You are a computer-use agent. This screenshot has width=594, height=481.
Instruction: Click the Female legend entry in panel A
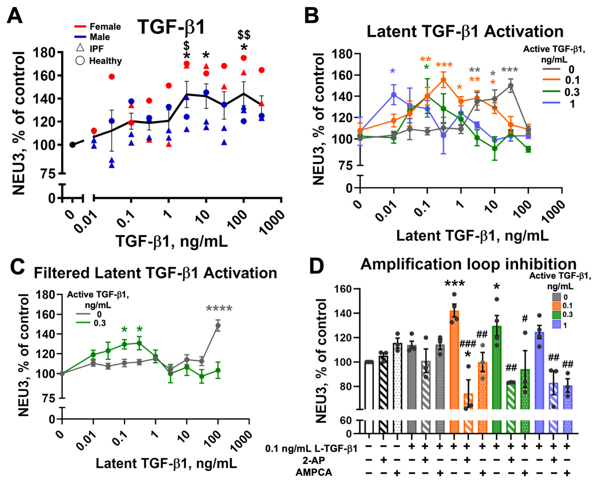97,27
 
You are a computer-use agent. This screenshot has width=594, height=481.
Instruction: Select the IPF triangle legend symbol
80,48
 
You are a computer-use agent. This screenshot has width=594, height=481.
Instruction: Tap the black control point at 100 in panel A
73,145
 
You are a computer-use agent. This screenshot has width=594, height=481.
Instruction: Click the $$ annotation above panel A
244,35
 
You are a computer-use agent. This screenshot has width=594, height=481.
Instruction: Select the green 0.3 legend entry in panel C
91,323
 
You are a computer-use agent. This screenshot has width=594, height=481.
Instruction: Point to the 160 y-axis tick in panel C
45,314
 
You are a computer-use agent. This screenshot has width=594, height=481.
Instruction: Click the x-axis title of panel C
166,463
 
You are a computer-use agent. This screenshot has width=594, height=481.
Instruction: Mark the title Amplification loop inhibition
468,264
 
